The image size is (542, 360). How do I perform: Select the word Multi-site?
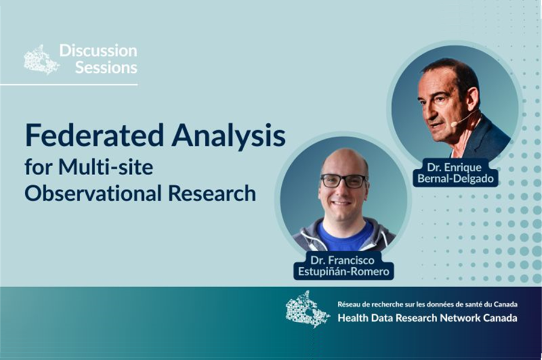coord(106,167)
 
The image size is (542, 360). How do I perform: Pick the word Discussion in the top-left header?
coord(98,51)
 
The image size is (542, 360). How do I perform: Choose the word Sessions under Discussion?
coord(107,67)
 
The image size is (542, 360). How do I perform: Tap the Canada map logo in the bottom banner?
coord(307,309)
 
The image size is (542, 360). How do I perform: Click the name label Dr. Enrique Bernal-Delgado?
coord(455,173)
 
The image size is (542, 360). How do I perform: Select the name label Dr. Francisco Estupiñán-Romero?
coord(344,265)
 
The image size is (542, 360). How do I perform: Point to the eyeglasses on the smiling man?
coord(343,181)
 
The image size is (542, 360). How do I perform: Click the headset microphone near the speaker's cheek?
coord(463,119)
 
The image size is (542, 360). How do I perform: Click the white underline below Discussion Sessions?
coord(69,84)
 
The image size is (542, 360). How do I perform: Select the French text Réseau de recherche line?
coord(427,305)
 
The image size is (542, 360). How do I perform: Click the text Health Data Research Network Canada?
coord(427,318)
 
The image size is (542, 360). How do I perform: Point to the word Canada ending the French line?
coord(505,305)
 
